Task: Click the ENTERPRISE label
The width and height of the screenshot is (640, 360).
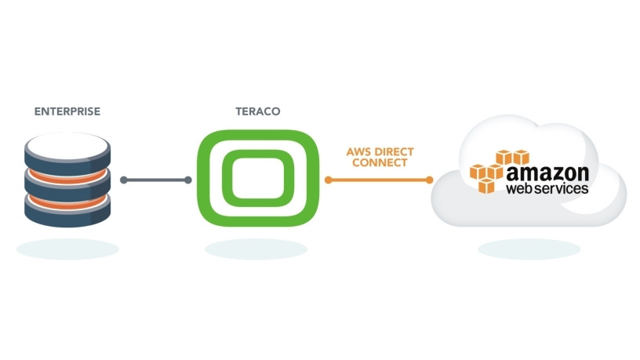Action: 67,111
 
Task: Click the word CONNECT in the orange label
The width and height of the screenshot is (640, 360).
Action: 380,162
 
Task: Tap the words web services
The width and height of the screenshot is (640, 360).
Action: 547,189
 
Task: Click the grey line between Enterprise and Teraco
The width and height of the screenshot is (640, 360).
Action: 157,180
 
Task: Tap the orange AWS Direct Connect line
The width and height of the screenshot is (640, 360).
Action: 379,180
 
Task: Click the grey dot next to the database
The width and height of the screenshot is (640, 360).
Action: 124,180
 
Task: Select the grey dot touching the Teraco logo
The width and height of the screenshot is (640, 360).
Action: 189,180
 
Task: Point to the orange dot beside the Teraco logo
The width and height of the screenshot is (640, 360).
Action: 329,180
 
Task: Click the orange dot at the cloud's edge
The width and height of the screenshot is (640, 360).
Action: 430,180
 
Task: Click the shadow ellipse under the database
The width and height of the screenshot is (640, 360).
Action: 67,249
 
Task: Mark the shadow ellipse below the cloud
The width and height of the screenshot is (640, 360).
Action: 529,249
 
